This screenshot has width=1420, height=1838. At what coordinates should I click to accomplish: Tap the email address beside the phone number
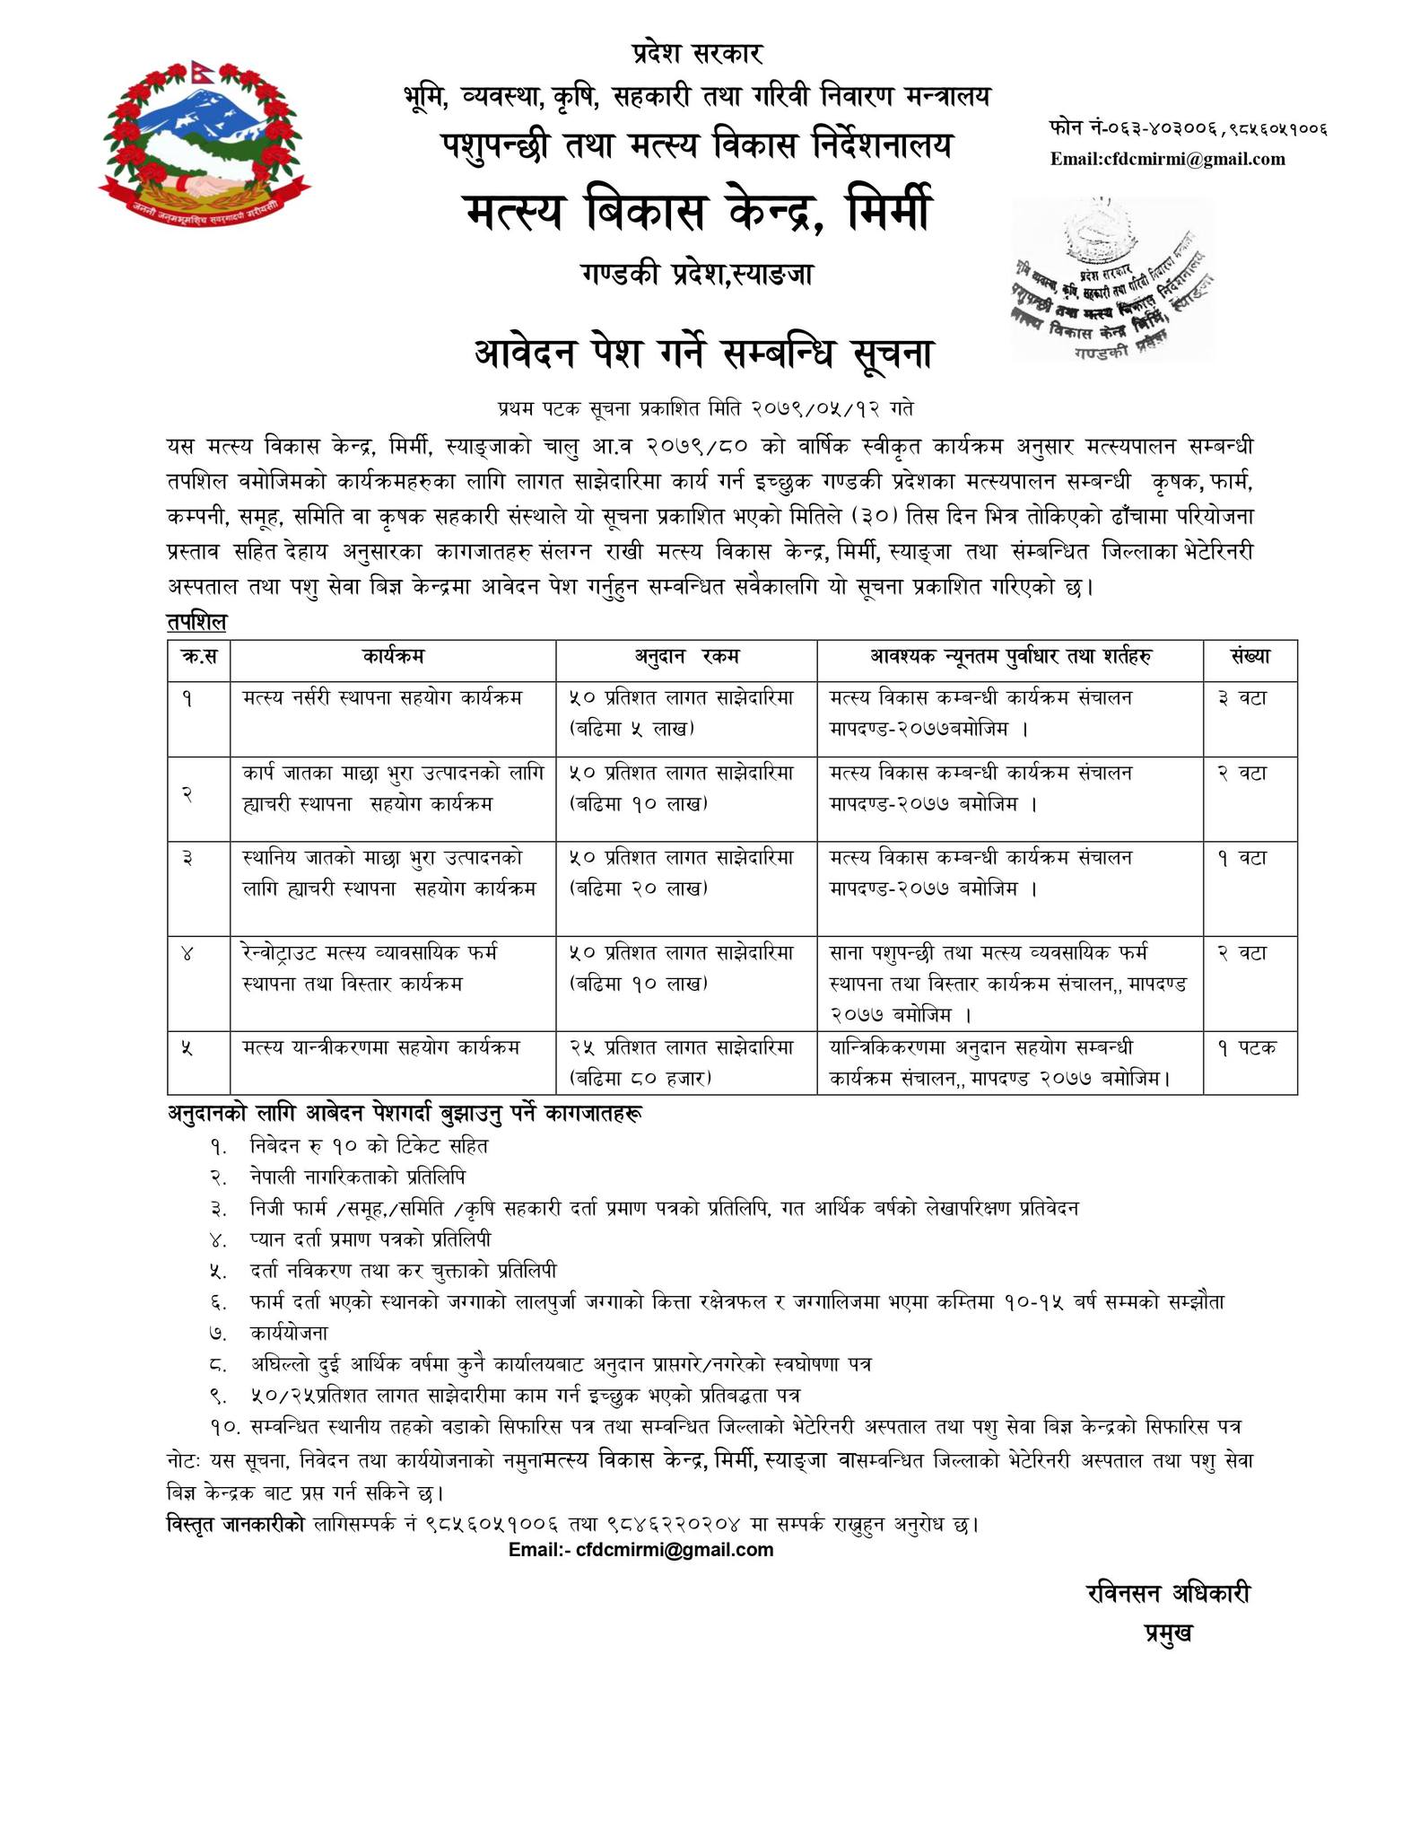pos(1167,160)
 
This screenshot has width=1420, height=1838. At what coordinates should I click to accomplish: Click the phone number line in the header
pos(1187,128)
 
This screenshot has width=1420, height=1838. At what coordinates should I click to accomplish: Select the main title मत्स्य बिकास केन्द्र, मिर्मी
pos(697,213)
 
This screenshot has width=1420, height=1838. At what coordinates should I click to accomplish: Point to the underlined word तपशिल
pos(196,621)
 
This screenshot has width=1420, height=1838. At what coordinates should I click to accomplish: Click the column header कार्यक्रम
pos(393,657)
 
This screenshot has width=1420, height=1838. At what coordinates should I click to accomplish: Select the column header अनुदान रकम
pos(686,657)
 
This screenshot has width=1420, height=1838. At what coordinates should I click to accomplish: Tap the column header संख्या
pos(1250,657)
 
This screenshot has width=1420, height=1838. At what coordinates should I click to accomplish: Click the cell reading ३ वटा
pos(1241,697)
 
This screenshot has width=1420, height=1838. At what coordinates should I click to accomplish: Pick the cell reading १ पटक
pos(1246,1046)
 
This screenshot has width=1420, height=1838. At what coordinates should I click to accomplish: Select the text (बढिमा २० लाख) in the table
pos(639,889)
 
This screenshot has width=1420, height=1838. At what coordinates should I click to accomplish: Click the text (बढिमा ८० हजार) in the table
pos(640,1078)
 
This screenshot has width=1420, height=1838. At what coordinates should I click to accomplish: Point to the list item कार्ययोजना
pos(290,1333)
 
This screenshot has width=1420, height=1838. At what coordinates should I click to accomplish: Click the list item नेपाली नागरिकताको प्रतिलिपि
pos(358,1177)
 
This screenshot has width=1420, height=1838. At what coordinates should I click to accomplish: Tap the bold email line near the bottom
pos(640,1550)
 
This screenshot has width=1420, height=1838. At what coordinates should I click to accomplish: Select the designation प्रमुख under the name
pos(1167,1633)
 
